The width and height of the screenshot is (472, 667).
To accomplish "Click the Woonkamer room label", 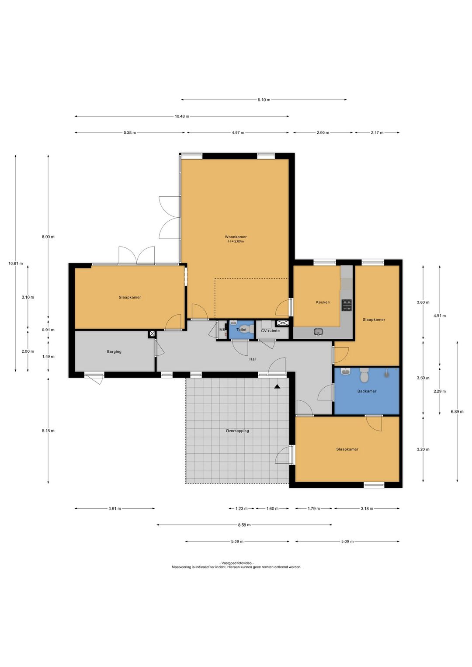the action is [236, 237].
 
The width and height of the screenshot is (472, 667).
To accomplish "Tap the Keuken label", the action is [323, 302].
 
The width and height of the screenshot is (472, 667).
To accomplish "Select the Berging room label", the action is [114, 352].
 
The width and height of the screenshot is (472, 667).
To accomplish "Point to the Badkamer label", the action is [367, 391].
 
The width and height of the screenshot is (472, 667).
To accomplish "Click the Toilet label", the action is [241, 330].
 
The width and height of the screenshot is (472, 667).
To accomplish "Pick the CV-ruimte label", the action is [271, 330].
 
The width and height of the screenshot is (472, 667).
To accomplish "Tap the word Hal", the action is [252, 359].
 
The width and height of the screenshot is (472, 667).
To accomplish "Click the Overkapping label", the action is [237, 431].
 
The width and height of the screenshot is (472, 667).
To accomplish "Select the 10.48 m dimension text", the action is [182, 116].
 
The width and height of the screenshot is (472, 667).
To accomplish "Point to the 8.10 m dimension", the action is [264, 100].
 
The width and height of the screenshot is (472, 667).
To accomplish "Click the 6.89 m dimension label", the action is [457, 411].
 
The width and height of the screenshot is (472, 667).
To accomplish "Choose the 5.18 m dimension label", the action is [48, 431].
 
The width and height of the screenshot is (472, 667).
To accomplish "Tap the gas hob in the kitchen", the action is [347, 305].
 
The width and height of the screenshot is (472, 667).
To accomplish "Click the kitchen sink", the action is [318, 331].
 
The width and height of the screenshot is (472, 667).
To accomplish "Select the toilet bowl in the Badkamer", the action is [364, 376].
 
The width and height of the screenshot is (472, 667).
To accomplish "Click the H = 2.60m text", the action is [236, 241].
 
